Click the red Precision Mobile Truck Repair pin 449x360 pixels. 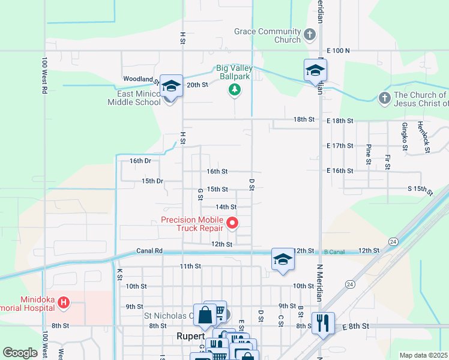click(233, 224)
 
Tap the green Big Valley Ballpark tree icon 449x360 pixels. click(234, 90)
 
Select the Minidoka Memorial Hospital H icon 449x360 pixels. click(64, 303)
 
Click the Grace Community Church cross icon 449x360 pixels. click(310, 34)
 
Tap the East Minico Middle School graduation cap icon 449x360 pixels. click(171, 86)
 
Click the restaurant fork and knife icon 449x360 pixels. click(323, 323)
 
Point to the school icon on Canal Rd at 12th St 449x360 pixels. click(283, 260)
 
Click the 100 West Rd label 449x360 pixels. click(44, 76)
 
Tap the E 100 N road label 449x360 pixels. click(339, 51)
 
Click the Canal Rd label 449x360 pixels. click(149, 251)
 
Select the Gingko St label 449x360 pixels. click(405, 136)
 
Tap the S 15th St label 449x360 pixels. click(420, 190)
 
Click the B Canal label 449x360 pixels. click(334, 252)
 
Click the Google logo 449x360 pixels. click(20, 353)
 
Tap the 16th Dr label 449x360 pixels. click(140, 161)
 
